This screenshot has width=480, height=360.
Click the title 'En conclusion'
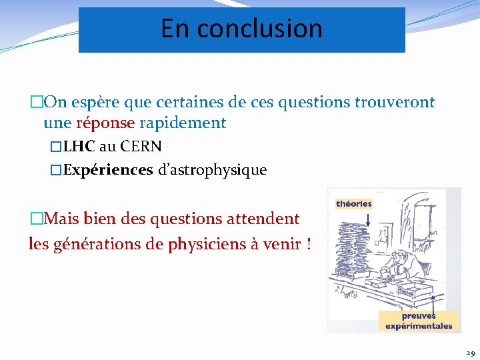[x=241, y=29]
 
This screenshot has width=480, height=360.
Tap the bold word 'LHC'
[x=79, y=146]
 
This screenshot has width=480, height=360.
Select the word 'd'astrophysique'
[x=212, y=170]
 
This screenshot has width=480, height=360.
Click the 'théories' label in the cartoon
[x=353, y=203]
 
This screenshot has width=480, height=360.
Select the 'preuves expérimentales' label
[x=419, y=321]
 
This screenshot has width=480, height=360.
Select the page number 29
[x=470, y=353]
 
